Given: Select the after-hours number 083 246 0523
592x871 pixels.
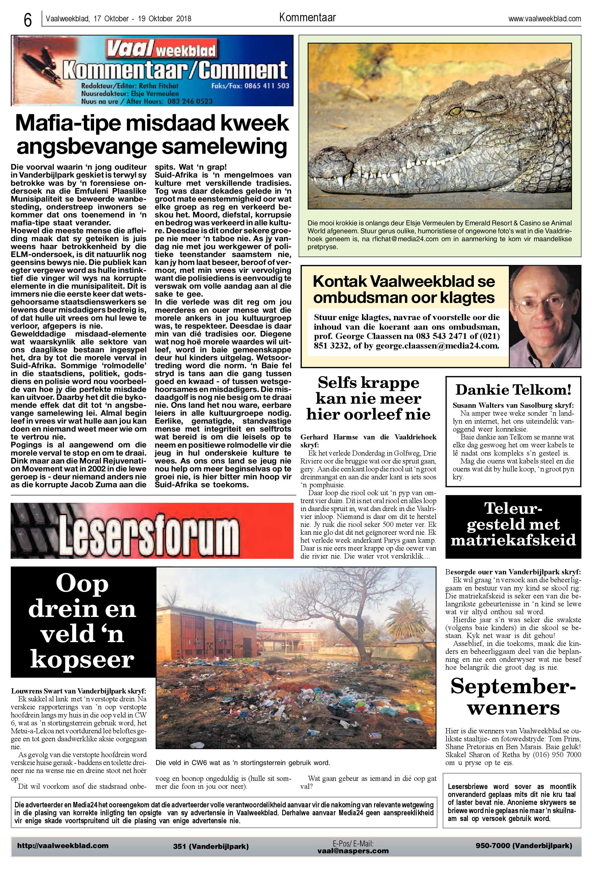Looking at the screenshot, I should click(x=190, y=101).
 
